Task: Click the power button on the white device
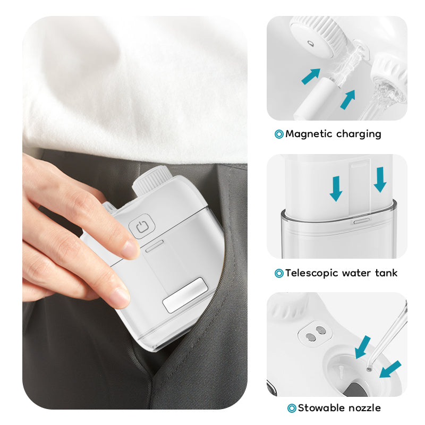[x=142, y=226]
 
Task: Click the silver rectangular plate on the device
[x=185, y=295]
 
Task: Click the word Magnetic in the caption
[x=309, y=134]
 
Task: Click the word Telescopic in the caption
[x=312, y=273]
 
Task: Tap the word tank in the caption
[x=386, y=273]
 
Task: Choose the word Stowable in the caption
[x=321, y=407]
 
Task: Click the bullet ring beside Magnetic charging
[x=279, y=134]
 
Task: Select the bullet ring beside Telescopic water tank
[x=279, y=273]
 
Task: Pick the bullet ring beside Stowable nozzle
[x=292, y=408]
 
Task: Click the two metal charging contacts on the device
[x=316, y=334]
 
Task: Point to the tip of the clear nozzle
[x=369, y=369]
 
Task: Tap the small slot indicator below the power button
[x=155, y=246]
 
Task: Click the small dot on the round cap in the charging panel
[x=310, y=44]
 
